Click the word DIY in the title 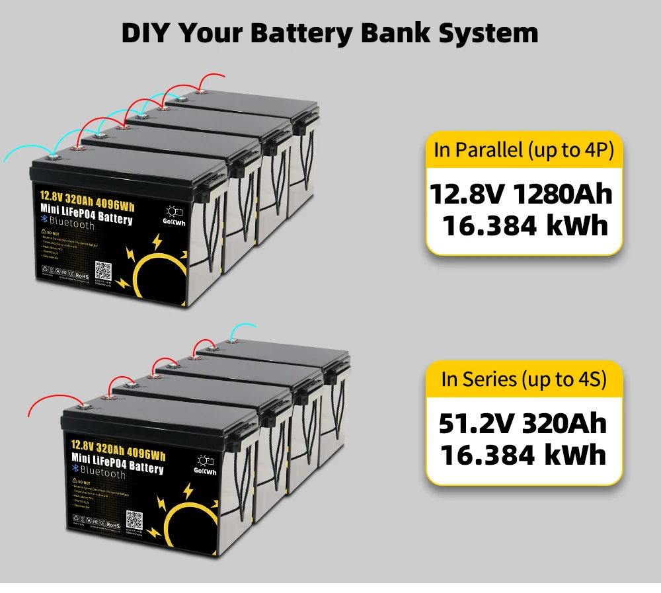pos(148,32)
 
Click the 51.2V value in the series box pos(477,424)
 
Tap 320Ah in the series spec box pos(564,424)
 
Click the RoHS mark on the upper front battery pos(83,275)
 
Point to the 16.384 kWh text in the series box pos(523,455)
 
